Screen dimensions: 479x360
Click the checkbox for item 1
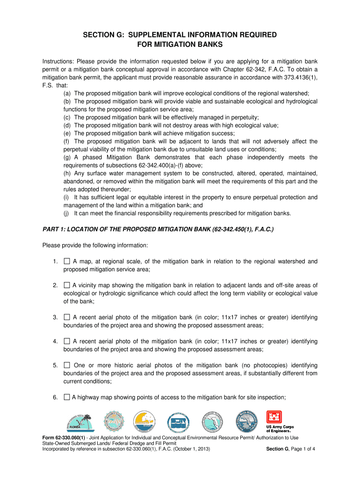coord(67,261)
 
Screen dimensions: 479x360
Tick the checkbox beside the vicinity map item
coord(67,285)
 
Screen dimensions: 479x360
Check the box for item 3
coord(67,318)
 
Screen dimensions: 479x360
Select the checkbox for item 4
coord(67,341)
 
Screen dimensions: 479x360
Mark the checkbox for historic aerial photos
coord(67,365)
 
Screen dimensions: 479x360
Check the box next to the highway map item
coord(67,398)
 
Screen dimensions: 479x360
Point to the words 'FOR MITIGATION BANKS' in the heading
coord(180,45)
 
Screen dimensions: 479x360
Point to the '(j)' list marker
coord(66,213)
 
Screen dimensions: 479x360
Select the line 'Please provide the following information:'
coord(95,246)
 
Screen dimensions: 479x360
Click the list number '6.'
coord(55,398)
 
